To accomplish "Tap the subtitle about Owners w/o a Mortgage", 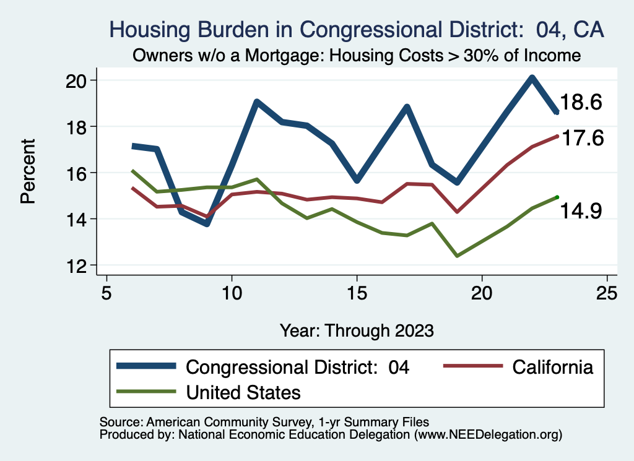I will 356,56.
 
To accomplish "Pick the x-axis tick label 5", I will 106,292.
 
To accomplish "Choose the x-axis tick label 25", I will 607,292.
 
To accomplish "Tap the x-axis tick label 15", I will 357,292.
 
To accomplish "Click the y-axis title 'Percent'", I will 28,173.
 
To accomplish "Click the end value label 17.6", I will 581,139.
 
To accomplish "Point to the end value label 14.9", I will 581,212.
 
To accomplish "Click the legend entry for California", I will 552,367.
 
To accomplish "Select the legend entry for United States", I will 243,392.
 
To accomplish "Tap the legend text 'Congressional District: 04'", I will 298,367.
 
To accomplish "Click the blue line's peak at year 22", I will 532,77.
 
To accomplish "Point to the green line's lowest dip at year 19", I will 457,256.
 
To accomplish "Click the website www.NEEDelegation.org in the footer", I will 488,434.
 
